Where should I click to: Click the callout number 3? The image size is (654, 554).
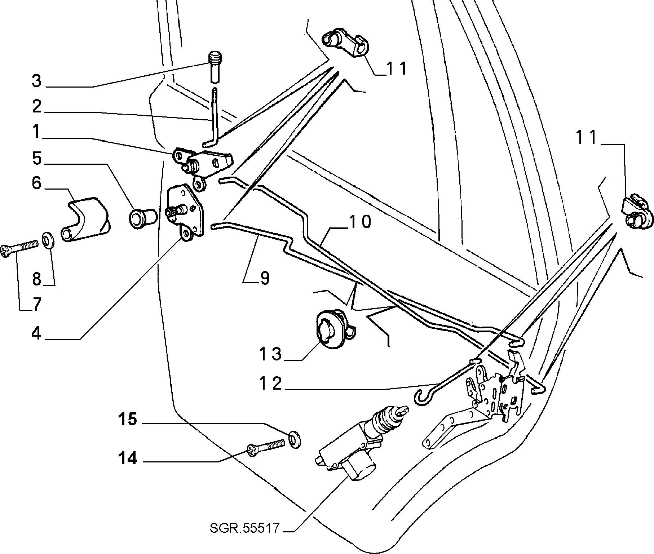[37, 81]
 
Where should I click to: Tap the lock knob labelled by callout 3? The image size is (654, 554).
[216, 67]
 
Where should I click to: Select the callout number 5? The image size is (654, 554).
[37, 159]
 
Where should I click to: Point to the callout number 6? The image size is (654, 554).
[36, 183]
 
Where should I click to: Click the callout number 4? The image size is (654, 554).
[36, 333]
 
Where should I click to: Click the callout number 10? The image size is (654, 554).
[359, 222]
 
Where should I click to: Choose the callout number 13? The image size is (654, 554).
[271, 354]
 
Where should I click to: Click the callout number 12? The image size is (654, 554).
[271, 384]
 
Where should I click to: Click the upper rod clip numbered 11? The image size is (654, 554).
[345, 43]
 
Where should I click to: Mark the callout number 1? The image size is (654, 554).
[37, 132]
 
